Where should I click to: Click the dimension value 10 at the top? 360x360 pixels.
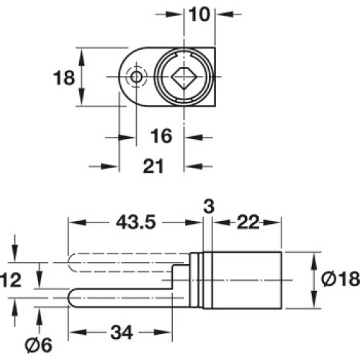click(x=199, y=14)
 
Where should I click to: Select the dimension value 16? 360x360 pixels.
click(x=161, y=136)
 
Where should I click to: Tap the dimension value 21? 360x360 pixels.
click(x=153, y=166)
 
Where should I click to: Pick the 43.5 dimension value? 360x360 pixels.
click(x=136, y=222)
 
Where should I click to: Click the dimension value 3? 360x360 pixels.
click(x=209, y=207)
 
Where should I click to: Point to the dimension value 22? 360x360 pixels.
click(x=248, y=222)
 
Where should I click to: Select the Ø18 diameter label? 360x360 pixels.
click(x=341, y=279)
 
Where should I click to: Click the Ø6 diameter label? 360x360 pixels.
click(x=38, y=346)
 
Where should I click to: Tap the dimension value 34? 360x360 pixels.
click(x=122, y=333)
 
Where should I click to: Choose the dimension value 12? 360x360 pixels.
click(x=11, y=280)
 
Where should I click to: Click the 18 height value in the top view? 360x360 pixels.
click(x=64, y=78)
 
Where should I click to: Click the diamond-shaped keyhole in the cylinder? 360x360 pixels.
click(x=184, y=77)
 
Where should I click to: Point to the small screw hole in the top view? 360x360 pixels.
click(x=136, y=77)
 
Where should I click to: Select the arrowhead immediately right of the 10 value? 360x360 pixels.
click(x=225, y=14)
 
